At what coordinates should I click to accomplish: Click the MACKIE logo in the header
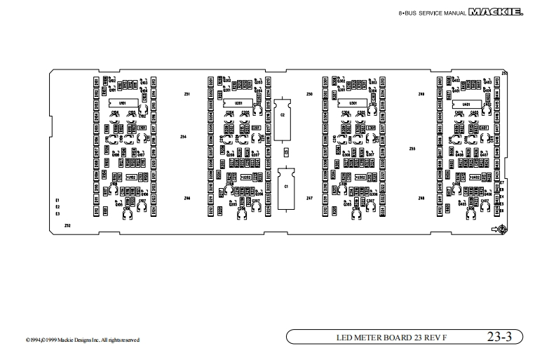520,12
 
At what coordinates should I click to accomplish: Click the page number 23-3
500,338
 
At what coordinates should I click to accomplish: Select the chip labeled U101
122,104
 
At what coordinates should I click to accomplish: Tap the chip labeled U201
238,103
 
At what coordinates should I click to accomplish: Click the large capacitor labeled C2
283,114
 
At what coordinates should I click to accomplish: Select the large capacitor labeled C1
285,187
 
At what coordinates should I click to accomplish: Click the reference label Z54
183,137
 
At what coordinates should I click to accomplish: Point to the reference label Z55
412,149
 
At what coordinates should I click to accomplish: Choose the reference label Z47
309,199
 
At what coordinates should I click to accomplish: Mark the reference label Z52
67,226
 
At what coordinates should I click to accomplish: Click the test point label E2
57,207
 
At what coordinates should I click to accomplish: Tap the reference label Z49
421,93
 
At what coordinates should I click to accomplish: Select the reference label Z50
309,93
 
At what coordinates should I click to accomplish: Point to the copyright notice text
83,340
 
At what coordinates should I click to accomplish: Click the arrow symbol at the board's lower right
496,229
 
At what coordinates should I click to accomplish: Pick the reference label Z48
421,199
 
